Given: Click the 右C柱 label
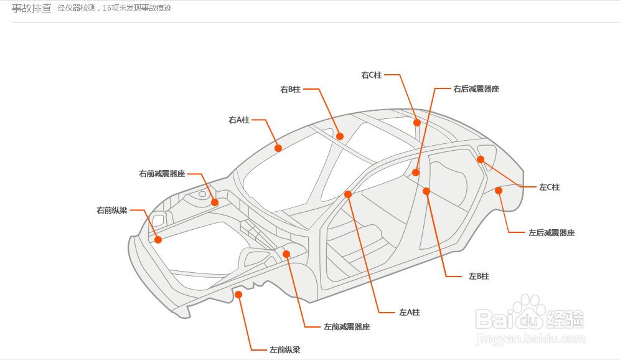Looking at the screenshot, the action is pyautogui.click(x=371, y=75).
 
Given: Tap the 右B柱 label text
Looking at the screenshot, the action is pyautogui.click(x=290, y=90).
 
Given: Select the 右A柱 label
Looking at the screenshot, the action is pyautogui.click(x=239, y=120).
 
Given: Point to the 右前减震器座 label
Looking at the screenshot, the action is pyautogui.click(x=162, y=174).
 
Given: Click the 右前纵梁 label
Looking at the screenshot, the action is pyautogui.click(x=112, y=211).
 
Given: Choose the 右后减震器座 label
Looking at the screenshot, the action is pyautogui.click(x=476, y=89).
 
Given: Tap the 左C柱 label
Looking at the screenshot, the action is pyautogui.click(x=549, y=187).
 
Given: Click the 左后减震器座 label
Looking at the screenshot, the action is pyautogui.click(x=552, y=232).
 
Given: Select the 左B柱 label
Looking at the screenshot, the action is pyautogui.click(x=479, y=276).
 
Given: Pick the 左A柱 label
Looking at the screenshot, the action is pyautogui.click(x=409, y=313).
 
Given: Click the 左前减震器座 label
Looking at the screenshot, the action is pyautogui.click(x=347, y=327).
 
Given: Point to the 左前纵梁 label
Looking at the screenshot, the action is pyautogui.click(x=284, y=349).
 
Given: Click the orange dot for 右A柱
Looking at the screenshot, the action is pyautogui.click(x=278, y=148).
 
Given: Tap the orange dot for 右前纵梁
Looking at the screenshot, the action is pyautogui.click(x=158, y=240).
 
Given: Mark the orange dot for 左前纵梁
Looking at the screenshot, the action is pyautogui.click(x=238, y=295).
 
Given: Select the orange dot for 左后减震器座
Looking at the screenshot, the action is pyautogui.click(x=499, y=191).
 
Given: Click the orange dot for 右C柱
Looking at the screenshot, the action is pyautogui.click(x=417, y=123).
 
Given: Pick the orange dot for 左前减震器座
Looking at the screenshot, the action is pyautogui.click(x=286, y=254).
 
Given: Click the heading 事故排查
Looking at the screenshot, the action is pyautogui.click(x=32, y=8).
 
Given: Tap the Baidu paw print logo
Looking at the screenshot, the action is pyautogui.click(x=528, y=313).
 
